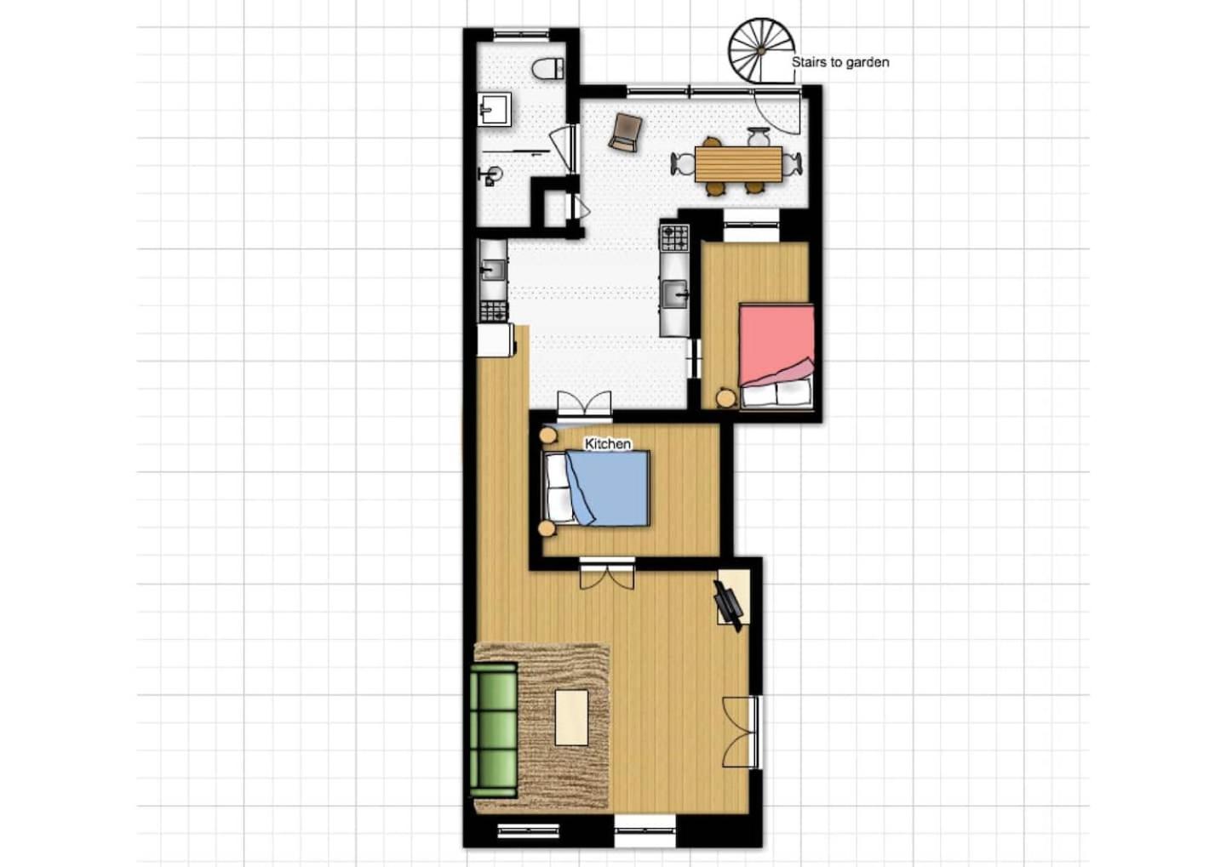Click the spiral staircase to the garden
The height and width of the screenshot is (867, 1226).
click(761, 51)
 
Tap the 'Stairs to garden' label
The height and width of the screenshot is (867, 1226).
click(840, 62)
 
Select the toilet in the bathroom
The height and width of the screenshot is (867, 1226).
click(548, 68)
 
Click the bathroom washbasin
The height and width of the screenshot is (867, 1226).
click(494, 109)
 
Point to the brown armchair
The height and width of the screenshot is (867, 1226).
click(625, 133)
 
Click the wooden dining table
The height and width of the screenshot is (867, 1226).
click(738, 164)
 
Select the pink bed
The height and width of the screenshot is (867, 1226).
click(776, 356)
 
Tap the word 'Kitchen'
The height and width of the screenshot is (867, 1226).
click(608, 443)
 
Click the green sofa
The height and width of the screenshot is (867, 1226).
click(494, 731)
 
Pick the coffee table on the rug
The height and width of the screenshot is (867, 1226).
click(571, 717)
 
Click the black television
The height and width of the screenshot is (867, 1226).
click(728, 606)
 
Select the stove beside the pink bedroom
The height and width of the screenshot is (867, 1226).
click(675, 237)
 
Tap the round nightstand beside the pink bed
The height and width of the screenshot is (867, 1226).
click(726, 397)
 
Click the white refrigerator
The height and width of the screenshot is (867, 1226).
click(496, 340)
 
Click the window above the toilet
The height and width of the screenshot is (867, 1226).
click(520, 36)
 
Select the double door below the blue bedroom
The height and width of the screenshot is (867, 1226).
click(607, 573)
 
